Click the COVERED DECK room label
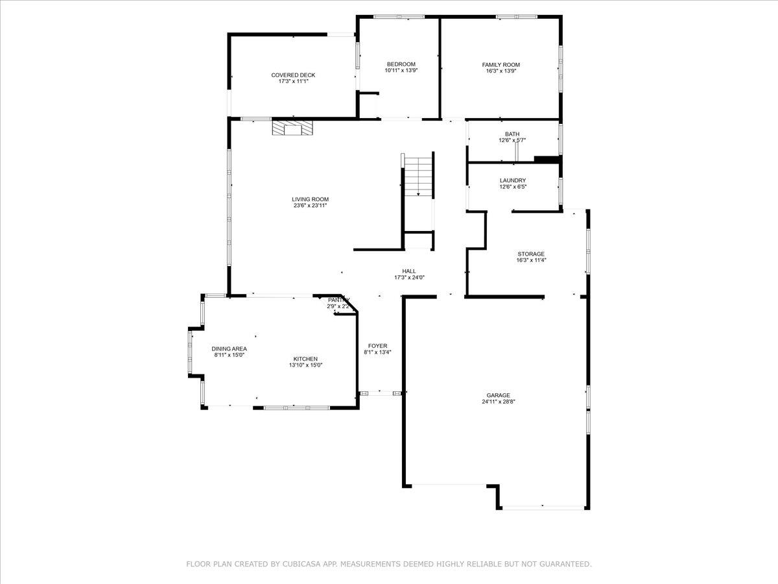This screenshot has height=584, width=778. [293, 75]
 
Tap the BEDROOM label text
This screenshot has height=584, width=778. [401, 64]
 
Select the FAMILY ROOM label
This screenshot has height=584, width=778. [501, 65]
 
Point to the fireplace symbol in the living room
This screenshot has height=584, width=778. [292, 128]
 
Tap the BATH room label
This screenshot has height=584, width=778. [512, 134]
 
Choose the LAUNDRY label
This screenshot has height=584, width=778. [512, 180]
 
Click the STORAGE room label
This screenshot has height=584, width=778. [530, 254]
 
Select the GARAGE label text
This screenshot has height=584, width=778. [499, 395]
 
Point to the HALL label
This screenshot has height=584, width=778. [408, 271]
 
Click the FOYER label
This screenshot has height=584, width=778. [377, 346]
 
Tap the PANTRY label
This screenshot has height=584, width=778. [338, 300]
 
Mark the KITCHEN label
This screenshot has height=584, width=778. [305, 359]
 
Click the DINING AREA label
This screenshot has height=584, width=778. [229, 348]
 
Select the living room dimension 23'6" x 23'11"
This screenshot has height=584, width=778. [310, 206]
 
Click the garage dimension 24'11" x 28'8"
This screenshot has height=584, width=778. [499, 402]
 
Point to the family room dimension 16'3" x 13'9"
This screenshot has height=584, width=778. [501, 71]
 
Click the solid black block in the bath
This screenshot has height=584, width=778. [546, 160]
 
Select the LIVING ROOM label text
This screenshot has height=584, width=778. [310, 199]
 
